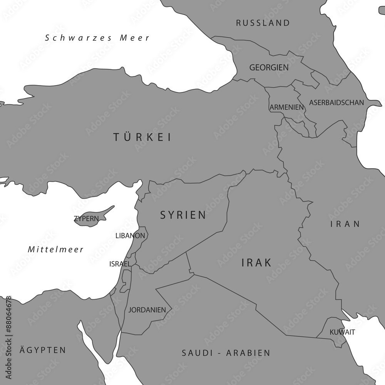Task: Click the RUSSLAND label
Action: point(263,23)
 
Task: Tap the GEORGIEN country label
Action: point(269,68)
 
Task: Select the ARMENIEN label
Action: point(286,107)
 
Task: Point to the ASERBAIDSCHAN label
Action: point(336,103)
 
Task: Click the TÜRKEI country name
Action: point(142,137)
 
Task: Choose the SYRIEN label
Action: point(183,215)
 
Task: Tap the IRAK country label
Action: point(256,263)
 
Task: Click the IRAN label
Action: point(345,224)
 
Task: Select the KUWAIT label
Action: point(342,332)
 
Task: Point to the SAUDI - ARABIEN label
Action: point(226,353)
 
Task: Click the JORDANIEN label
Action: point(147,310)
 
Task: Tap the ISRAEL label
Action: point(120,264)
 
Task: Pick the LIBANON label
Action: point(130,235)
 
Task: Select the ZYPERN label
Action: point(86,219)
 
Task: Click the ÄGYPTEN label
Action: point(43,350)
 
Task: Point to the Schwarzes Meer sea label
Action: point(97,38)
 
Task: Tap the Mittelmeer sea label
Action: point(56,249)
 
